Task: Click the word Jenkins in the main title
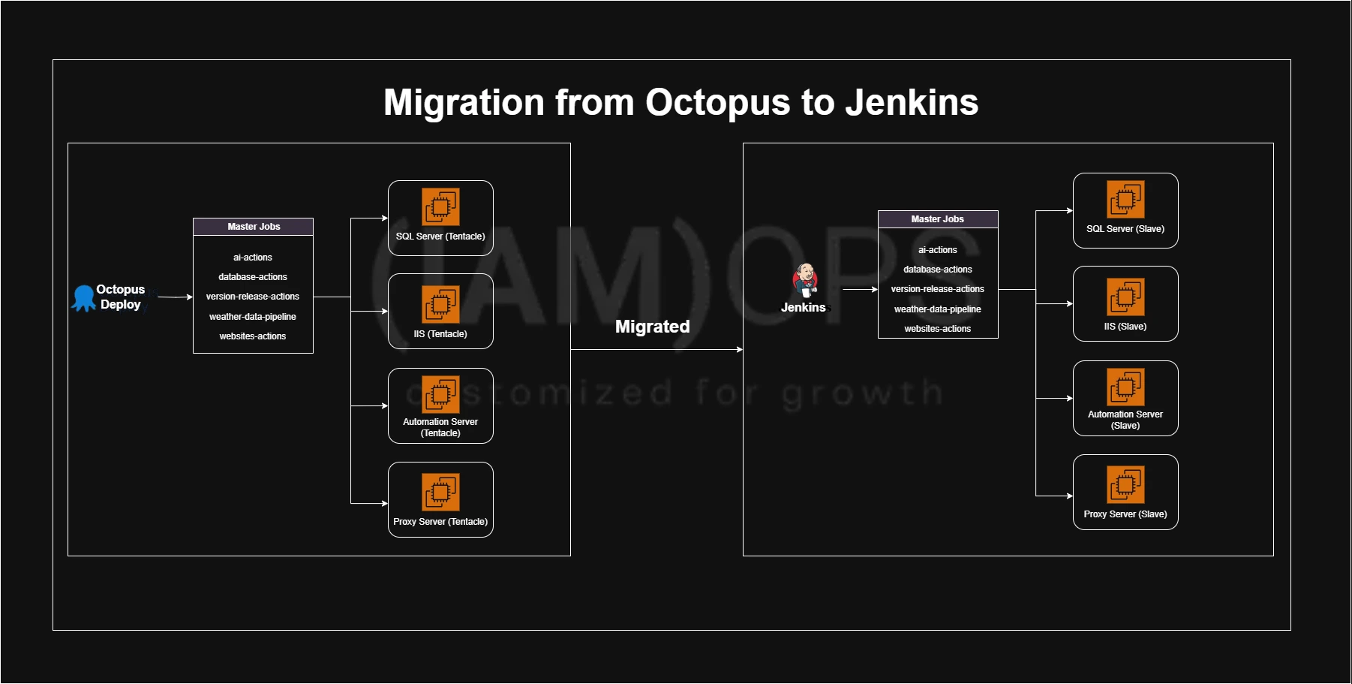click(x=912, y=102)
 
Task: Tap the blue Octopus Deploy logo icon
click(x=83, y=297)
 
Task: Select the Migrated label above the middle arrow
click(x=652, y=327)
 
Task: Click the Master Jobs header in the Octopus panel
click(x=254, y=227)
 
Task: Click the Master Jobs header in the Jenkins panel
click(x=938, y=219)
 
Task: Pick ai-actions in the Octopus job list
click(x=253, y=258)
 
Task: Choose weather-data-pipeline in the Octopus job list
click(x=253, y=317)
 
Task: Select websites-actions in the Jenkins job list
click(x=938, y=329)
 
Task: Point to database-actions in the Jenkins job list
click(x=938, y=270)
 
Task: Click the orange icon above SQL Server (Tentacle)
click(x=440, y=206)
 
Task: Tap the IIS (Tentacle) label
click(x=440, y=334)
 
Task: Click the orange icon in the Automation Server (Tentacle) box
click(x=440, y=394)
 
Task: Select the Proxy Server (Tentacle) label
click(x=440, y=522)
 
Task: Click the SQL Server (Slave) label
click(x=1125, y=229)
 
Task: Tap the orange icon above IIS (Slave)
click(x=1125, y=297)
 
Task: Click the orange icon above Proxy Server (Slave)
click(x=1125, y=484)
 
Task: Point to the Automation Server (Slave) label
click(x=1125, y=420)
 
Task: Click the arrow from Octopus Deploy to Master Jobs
click(x=176, y=297)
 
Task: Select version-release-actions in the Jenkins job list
click(x=938, y=289)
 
